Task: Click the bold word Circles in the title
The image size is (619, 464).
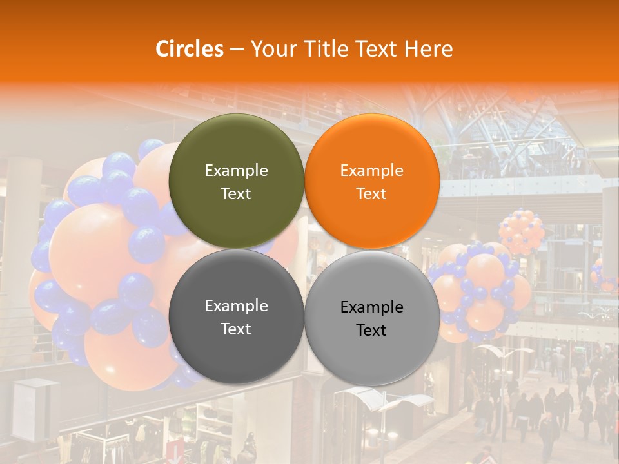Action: pyautogui.click(x=190, y=49)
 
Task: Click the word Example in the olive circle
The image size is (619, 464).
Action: pyautogui.click(x=236, y=171)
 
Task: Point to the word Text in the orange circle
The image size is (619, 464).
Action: pyautogui.click(x=371, y=194)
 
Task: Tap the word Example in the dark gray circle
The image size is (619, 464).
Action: pyautogui.click(x=236, y=306)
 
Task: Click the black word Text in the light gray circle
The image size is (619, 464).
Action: pyautogui.click(x=371, y=331)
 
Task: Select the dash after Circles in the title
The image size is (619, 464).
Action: pyautogui.click(x=237, y=50)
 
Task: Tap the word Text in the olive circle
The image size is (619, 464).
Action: pyautogui.click(x=236, y=194)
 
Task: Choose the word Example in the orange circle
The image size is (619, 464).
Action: pyautogui.click(x=371, y=171)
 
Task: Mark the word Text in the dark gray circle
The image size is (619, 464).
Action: pyautogui.click(x=236, y=329)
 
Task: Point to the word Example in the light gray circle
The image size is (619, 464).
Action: pyautogui.click(x=371, y=307)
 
